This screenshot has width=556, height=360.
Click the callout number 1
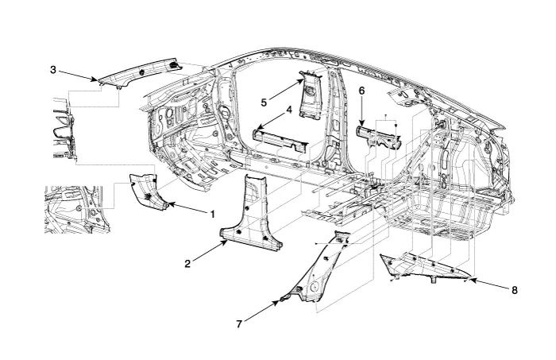point(212,214)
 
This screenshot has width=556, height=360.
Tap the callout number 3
point(53,70)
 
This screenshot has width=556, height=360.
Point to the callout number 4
point(289,109)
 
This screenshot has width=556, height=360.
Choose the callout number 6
point(361,91)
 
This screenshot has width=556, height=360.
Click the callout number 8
point(515,290)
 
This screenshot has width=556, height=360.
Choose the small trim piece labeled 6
point(380,135)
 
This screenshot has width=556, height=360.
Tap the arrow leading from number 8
point(489,285)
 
